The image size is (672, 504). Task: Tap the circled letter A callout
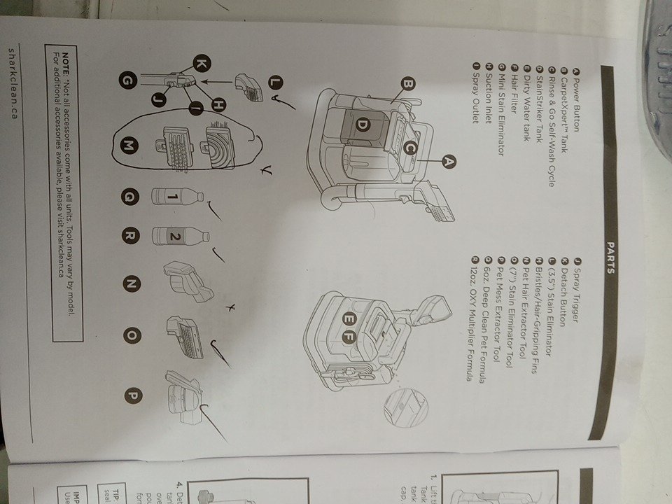pyautogui.click(x=449, y=161)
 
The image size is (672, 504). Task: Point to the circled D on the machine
pyautogui.click(x=363, y=125)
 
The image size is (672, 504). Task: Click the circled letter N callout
pyautogui.click(x=130, y=283)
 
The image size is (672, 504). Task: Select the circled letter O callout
pyautogui.click(x=131, y=335)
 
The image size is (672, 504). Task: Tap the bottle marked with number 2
pyautogui.click(x=178, y=237)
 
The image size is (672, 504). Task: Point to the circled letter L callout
pyautogui.click(x=274, y=82)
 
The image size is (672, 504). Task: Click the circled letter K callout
pyautogui.click(x=201, y=64)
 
